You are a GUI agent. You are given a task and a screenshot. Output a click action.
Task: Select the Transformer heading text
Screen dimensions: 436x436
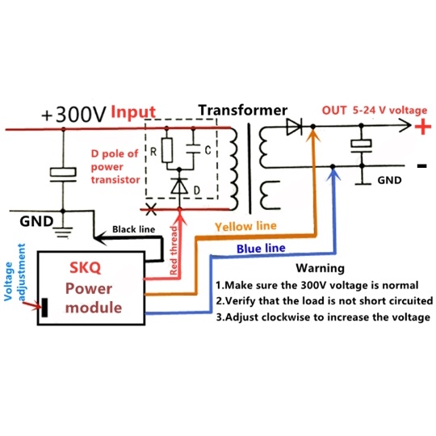coord(242,110)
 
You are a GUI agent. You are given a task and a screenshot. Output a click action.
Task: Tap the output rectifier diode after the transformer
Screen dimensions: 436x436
coord(294,127)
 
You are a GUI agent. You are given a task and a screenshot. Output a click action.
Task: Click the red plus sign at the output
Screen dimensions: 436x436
coord(421,127)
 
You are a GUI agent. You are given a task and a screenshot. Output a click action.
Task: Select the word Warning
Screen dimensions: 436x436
coord(320,268)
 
